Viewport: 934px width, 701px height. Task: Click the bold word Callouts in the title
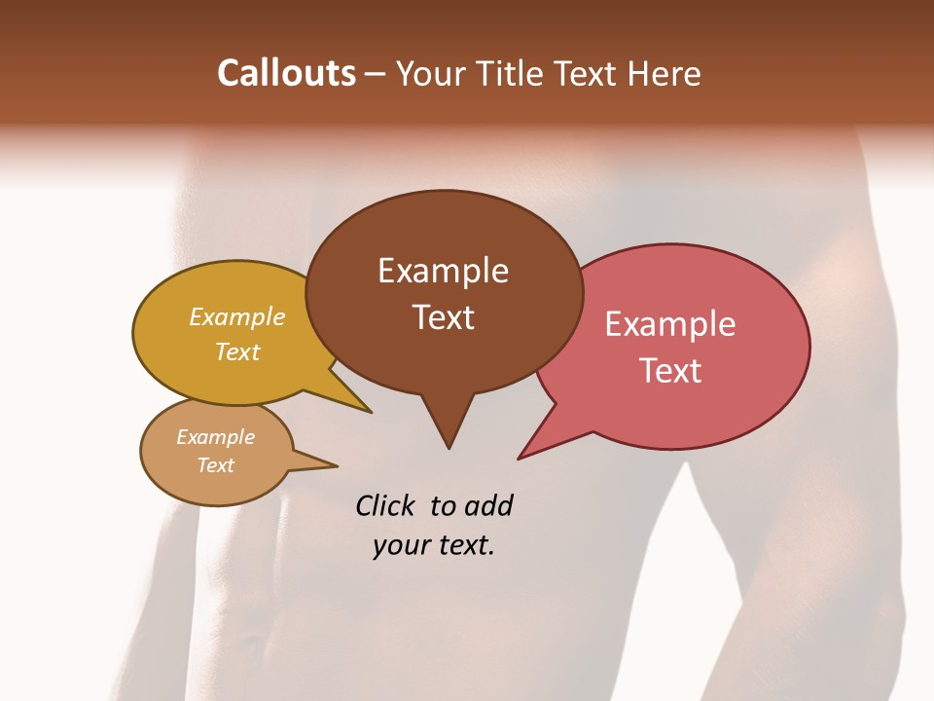286,73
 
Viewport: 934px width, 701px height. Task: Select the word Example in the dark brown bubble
443,271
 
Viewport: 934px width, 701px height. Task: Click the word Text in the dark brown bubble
443,317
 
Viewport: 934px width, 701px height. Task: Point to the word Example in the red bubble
670,324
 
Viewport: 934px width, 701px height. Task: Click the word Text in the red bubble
670,371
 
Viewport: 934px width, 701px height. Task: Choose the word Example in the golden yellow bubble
237,317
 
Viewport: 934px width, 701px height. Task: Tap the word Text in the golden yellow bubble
237,351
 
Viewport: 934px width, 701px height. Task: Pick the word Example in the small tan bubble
216,437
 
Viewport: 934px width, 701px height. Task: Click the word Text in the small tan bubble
216,465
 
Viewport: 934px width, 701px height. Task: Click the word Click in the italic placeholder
387,505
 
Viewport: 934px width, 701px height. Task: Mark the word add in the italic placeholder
489,505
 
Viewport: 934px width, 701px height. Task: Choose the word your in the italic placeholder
398,545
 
